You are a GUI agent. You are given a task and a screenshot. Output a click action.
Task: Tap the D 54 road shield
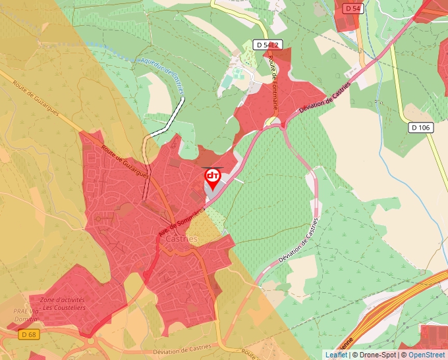353,8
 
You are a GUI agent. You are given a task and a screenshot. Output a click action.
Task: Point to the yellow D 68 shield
28,334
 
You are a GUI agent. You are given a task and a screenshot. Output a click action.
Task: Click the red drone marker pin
212,178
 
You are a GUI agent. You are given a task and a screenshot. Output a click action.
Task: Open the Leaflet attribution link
336,355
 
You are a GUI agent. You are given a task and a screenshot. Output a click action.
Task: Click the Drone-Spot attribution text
376,355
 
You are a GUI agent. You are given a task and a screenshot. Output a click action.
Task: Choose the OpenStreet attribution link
428,355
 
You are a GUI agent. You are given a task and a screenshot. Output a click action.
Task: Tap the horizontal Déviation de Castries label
182,347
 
